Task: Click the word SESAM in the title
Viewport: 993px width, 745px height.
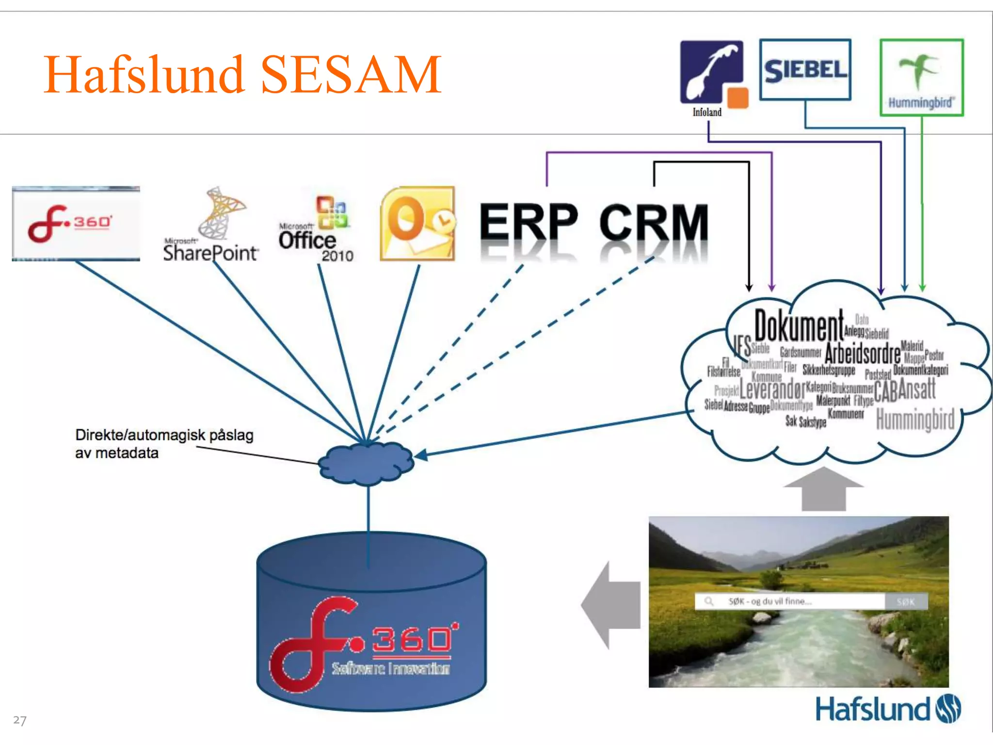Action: (351, 75)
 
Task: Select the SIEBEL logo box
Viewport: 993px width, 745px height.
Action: (805, 70)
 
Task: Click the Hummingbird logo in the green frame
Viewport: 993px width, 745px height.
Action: (921, 78)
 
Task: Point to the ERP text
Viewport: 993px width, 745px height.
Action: (529, 223)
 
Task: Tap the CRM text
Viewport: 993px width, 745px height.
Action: (654, 223)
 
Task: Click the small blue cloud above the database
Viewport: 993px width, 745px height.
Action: (367, 464)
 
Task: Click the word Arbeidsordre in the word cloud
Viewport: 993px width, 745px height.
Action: (862, 353)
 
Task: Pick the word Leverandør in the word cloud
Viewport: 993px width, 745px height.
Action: (772, 389)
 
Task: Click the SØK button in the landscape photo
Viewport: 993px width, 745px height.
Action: (906, 601)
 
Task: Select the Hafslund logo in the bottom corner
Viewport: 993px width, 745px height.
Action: (887, 709)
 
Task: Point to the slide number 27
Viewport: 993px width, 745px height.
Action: (20, 720)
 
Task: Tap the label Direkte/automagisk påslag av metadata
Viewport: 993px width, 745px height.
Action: (164, 443)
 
